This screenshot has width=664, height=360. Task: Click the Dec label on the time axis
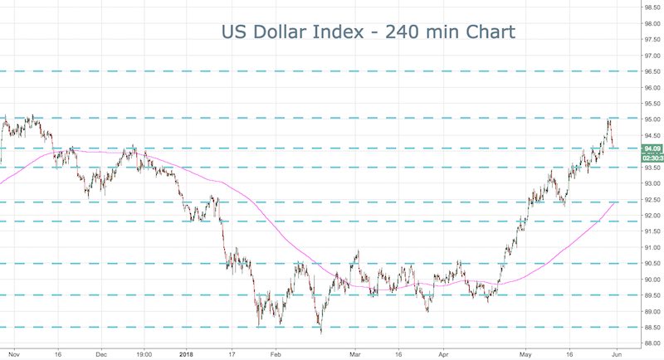click(x=100, y=353)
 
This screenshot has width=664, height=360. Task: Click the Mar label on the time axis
click(x=355, y=353)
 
